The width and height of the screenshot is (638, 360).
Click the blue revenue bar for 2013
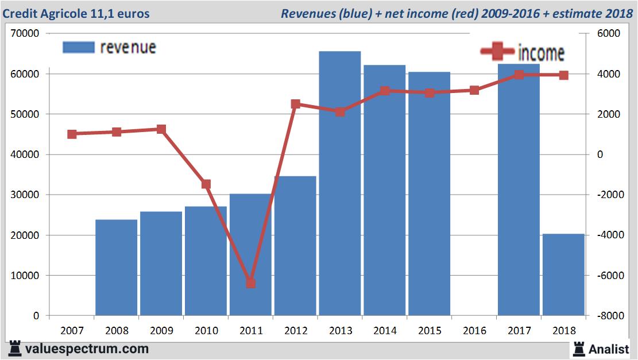tap(340, 184)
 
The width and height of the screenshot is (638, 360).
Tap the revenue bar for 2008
tap(117, 268)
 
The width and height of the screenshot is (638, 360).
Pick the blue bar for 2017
tap(519, 189)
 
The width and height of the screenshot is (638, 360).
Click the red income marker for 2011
tap(250, 283)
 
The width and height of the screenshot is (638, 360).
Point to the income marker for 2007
tap(72, 134)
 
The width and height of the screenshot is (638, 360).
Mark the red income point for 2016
tap(474, 90)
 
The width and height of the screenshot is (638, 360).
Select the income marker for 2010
tap(206, 184)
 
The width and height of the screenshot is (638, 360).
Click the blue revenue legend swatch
tap(78, 47)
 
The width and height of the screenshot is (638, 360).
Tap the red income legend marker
tap(497, 52)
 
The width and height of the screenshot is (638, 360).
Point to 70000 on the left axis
tap(25, 34)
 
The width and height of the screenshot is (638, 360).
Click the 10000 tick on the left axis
tap(25, 276)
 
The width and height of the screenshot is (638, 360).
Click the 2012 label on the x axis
tap(295, 331)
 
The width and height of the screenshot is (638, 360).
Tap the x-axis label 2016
tap(474, 331)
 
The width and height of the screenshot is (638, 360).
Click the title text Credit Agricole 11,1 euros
tap(76, 13)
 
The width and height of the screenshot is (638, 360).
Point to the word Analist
tap(609, 349)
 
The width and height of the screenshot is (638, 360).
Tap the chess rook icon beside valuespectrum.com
tap(15, 349)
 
